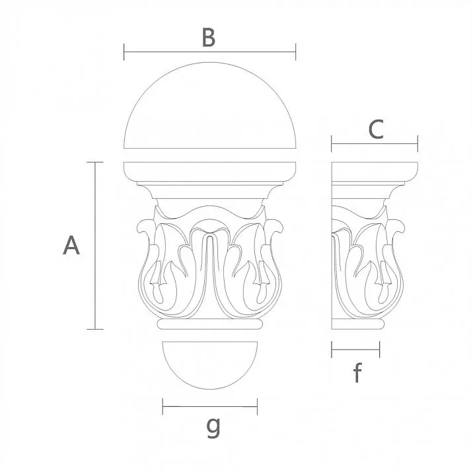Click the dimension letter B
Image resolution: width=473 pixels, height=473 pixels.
(208, 38)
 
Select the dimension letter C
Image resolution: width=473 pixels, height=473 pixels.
(375, 130)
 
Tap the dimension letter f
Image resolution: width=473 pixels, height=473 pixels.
(357, 373)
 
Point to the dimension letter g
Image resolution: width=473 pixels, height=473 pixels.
(213, 427)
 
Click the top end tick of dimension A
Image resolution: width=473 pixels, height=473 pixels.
(95, 162)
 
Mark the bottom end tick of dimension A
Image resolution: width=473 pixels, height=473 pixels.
(95, 328)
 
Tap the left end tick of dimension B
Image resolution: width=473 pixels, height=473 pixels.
(125, 52)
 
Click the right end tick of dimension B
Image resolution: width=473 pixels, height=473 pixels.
(295, 52)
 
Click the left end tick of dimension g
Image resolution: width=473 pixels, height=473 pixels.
(163, 406)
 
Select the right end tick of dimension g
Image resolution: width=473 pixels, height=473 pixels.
(257, 406)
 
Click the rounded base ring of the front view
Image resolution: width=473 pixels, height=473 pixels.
(209, 325)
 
